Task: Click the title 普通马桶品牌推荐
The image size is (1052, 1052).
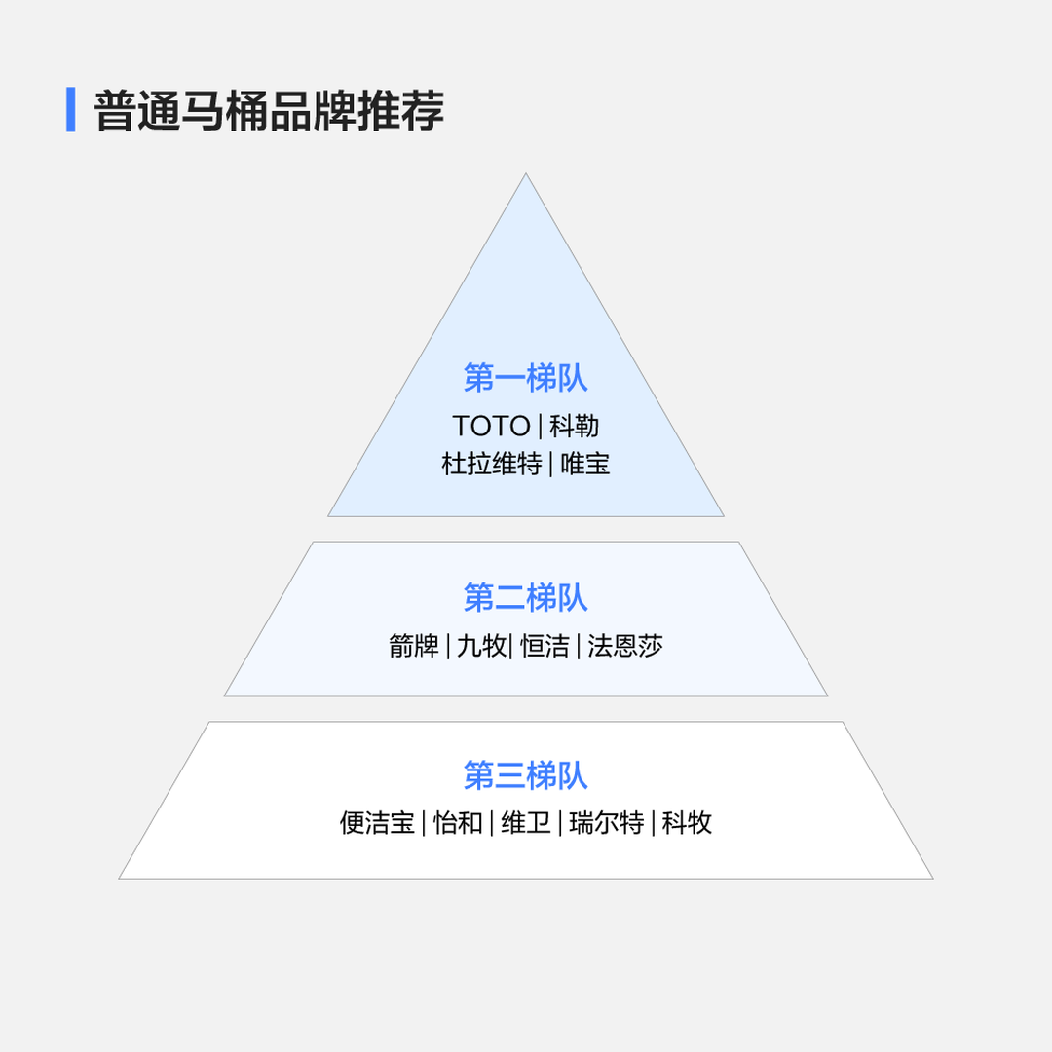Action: pos(269,110)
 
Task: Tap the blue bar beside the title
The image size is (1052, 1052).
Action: pos(70,109)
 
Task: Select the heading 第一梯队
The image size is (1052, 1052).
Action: pos(525,378)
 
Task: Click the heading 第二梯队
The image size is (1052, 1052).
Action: pos(525,597)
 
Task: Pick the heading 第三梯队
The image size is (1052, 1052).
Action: pos(525,775)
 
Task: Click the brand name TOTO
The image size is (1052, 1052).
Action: pos(491,426)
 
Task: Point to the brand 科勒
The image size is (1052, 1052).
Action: pos(575,426)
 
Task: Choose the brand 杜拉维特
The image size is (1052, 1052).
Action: pos(492,464)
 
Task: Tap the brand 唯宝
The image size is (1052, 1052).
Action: pos(585,464)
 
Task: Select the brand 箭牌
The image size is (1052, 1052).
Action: pos(413,646)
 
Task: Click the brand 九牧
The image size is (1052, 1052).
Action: pos(482,646)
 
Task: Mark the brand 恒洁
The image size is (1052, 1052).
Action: pos(545,646)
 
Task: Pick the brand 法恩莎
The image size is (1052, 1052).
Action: pos(624,646)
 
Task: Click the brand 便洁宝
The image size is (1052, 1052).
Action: pos(377,822)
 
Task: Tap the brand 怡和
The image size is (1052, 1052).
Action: pos(458,822)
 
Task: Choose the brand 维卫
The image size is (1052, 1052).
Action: pos(525,822)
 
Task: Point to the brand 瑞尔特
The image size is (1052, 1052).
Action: pos(607,822)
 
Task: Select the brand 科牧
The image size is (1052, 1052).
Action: pos(687,822)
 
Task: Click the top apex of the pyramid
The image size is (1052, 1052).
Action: pos(526,173)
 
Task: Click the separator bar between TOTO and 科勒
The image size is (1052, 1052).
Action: pos(540,427)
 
